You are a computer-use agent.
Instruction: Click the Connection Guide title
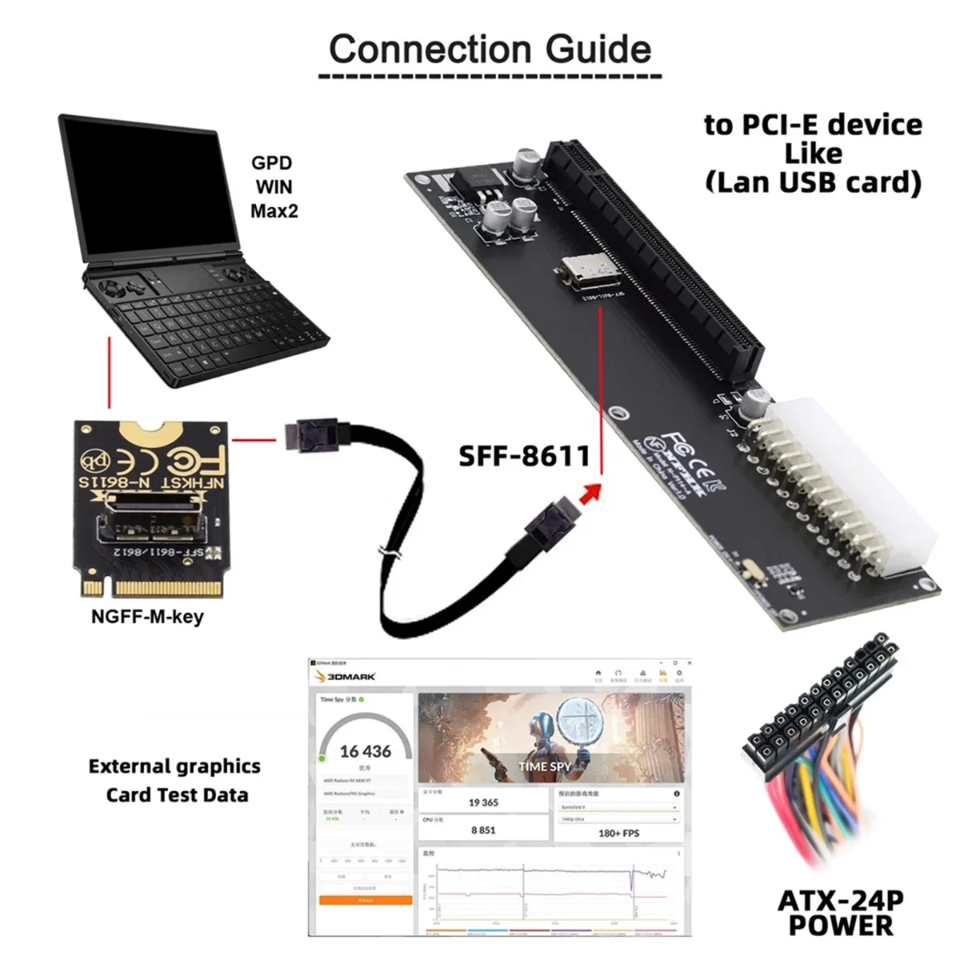[490, 50]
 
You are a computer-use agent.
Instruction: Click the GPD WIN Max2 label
[272, 187]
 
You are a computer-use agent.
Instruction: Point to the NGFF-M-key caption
[147, 617]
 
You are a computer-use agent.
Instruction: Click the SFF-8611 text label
[524, 456]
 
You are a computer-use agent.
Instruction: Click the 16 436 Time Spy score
[366, 751]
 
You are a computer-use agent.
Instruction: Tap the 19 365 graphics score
[483, 802]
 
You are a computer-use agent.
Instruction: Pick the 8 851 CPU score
[483, 830]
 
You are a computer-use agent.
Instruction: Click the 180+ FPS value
[619, 833]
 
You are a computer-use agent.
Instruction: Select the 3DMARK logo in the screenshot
[346, 677]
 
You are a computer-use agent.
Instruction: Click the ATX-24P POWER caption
[840, 913]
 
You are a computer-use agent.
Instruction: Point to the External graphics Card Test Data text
[175, 780]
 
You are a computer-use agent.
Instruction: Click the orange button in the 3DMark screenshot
[366, 900]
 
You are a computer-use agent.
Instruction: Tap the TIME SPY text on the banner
[545, 766]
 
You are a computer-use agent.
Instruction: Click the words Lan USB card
[813, 182]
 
